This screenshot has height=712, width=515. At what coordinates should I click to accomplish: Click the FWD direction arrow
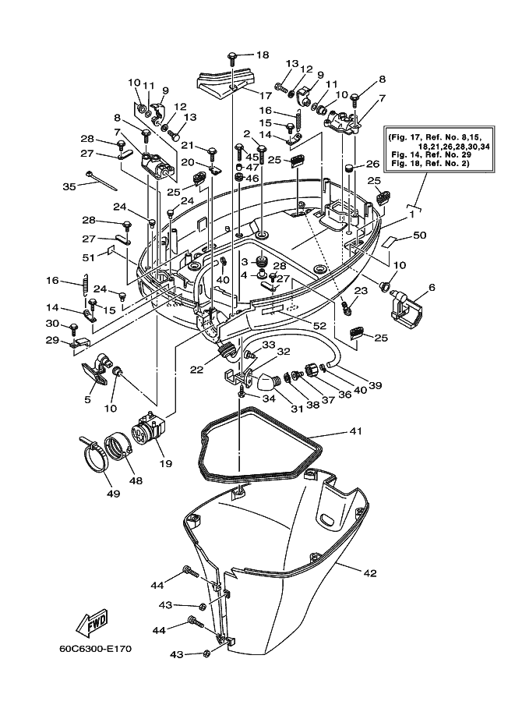(x=91, y=622)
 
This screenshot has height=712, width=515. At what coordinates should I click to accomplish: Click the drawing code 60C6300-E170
(x=95, y=648)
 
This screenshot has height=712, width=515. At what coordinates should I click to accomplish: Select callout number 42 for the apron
(x=370, y=573)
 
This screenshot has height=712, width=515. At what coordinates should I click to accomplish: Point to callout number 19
(x=165, y=463)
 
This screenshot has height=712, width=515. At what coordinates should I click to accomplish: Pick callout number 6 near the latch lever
(x=431, y=288)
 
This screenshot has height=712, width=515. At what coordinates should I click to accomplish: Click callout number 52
(x=319, y=325)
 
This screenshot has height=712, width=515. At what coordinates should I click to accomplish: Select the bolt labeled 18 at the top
(x=232, y=58)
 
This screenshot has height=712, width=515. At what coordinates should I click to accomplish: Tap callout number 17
(x=265, y=95)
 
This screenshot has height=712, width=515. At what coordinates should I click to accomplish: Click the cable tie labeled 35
(x=100, y=180)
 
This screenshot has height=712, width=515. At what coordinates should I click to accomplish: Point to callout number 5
(x=87, y=399)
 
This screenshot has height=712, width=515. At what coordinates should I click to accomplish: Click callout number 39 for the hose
(x=375, y=385)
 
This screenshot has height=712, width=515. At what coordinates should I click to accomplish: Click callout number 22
(x=197, y=370)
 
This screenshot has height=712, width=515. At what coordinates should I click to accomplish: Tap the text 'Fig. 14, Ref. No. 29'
(x=431, y=155)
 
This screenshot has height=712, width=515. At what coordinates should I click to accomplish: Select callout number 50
(x=420, y=236)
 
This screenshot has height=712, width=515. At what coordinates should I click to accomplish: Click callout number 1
(x=412, y=214)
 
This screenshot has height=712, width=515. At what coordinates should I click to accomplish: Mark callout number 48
(x=136, y=480)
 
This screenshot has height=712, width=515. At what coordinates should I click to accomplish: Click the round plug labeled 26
(x=349, y=168)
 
